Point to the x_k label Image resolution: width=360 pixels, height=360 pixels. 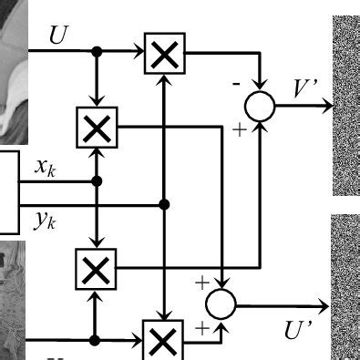(45, 166)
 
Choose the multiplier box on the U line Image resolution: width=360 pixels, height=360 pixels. (164, 56)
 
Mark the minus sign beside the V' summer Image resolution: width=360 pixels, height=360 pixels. (237, 83)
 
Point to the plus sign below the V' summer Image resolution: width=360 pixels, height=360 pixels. (239, 130)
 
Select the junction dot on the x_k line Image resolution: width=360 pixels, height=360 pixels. (97, 181)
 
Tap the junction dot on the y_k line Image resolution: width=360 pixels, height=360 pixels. (164, 202)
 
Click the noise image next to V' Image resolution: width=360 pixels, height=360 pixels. (345, 105)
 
